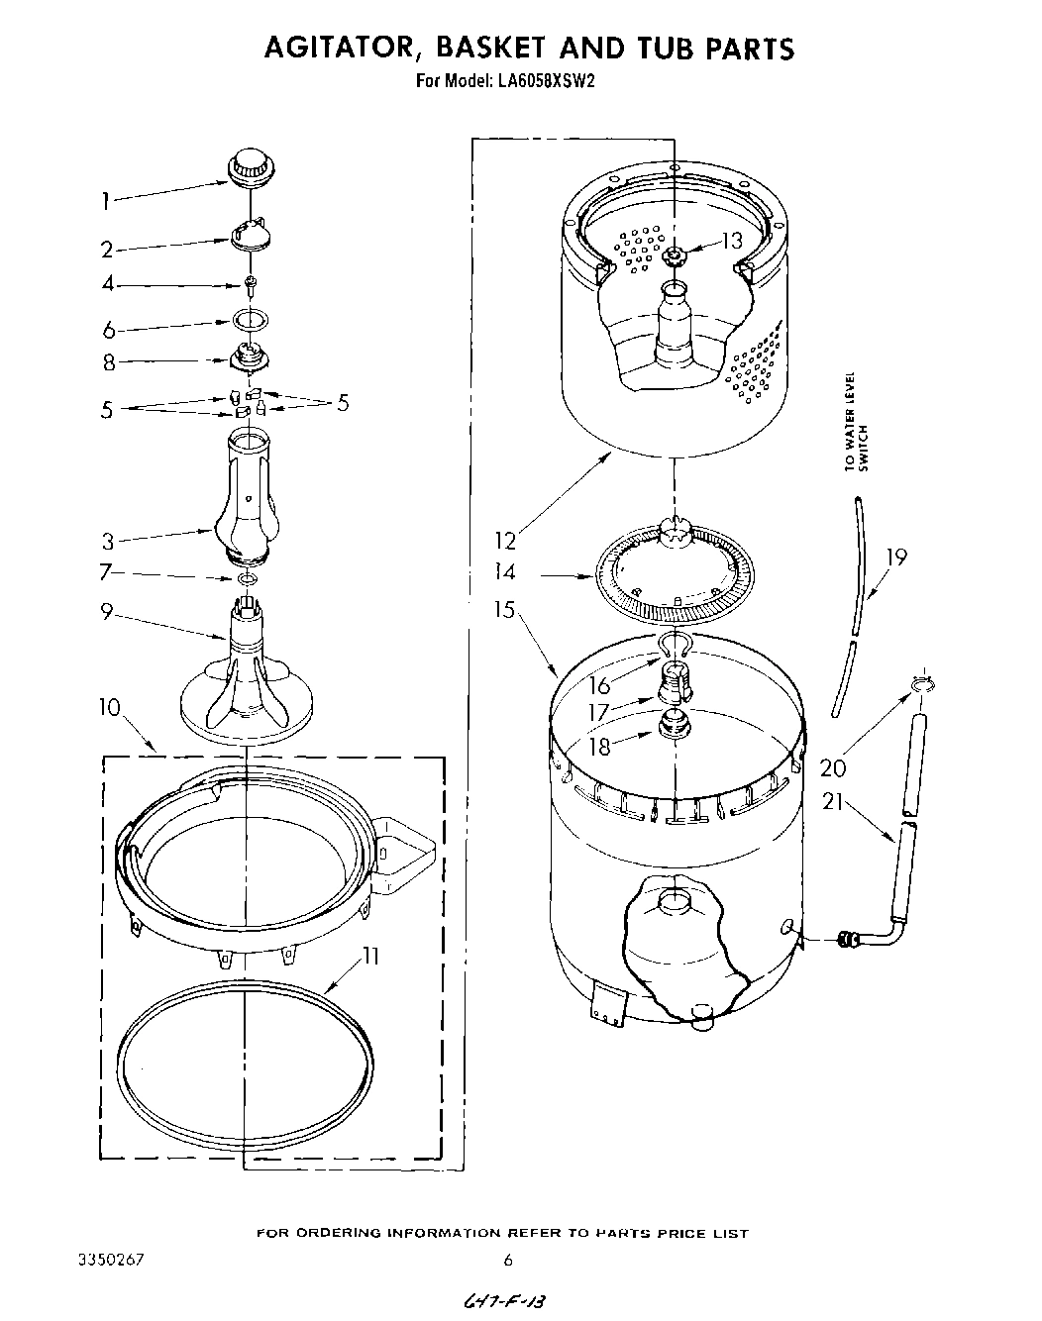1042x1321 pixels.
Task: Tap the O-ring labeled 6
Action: (251, 320)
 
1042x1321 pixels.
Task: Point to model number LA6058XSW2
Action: (539, 83)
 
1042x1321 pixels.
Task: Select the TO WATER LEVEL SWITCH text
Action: (856, 421)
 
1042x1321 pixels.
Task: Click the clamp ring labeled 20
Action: (920, 685)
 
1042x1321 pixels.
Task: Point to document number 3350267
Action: (111, 1261)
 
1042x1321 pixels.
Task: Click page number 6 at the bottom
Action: (507, 1261)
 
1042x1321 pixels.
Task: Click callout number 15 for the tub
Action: (506, 609)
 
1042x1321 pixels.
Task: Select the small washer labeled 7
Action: (248, 579)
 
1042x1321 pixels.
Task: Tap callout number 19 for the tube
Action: (894, 557)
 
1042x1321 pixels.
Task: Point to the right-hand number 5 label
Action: (343, 402)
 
